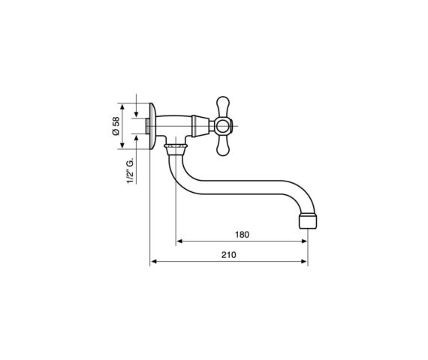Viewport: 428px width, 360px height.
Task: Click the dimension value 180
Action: pyautogui.click(x=242, y=235)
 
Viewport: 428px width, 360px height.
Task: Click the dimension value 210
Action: pyautogui.click(x=228, y=255)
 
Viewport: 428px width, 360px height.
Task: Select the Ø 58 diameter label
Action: pyautogui.click(x=116, y=126)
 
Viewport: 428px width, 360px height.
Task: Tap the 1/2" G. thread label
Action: pyautogui.click(x=131, y=170)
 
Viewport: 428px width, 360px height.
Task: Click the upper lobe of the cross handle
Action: pyautogui.click(x=223, y=106)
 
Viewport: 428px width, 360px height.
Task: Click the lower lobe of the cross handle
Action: pyautogui.click(x=223, y=146)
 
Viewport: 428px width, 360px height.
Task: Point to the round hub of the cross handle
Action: pyautogui.click(x=223, y=127)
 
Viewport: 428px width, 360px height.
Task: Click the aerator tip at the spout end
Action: pyautogui.click(x=308, y=221)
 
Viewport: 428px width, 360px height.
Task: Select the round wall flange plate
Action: pyautogui.click(x=153, y=126)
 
